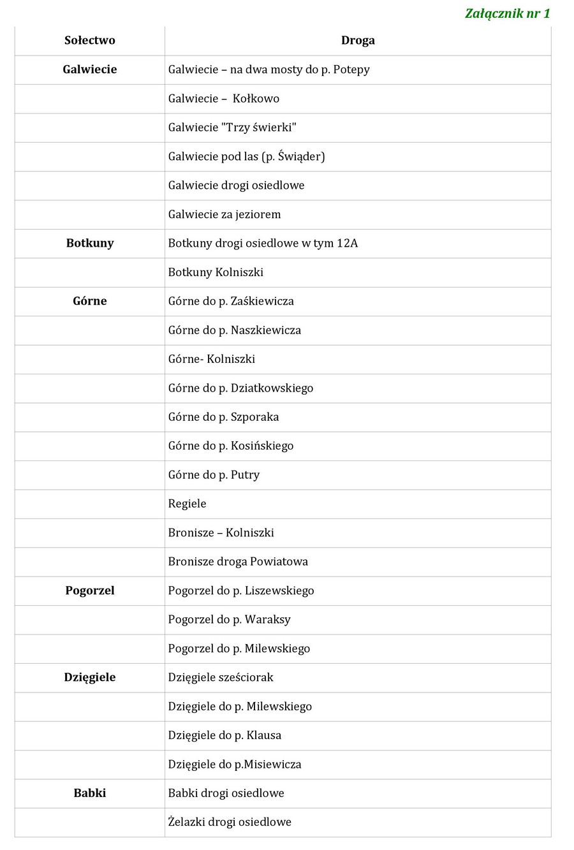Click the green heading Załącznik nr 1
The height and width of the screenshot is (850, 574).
tap(507, 13)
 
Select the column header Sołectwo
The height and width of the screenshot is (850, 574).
tap(90, 40)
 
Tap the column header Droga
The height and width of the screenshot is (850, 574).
tap(358, 40)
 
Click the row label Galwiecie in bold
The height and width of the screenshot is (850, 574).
tap(90, 70)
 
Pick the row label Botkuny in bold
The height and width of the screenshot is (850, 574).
tap(90, 243)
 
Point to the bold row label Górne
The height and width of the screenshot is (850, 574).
tap(90, 301)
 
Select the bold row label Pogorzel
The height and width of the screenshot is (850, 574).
tap(90, 590)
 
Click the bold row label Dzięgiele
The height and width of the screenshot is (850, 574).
tap(90, 677)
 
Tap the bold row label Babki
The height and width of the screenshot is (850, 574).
tap(90, 793)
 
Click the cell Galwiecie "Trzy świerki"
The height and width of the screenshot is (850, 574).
tap(232, 128)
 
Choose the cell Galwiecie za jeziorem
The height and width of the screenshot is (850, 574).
tap(224, 214)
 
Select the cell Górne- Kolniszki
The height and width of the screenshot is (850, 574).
tap(212, 359)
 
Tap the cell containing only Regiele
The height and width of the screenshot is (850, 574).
tap(188, 504)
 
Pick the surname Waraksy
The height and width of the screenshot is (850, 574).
tap(268, 619)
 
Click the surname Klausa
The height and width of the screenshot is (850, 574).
tap(264, 735)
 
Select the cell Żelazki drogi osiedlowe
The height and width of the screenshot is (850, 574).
tap(230, 822)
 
